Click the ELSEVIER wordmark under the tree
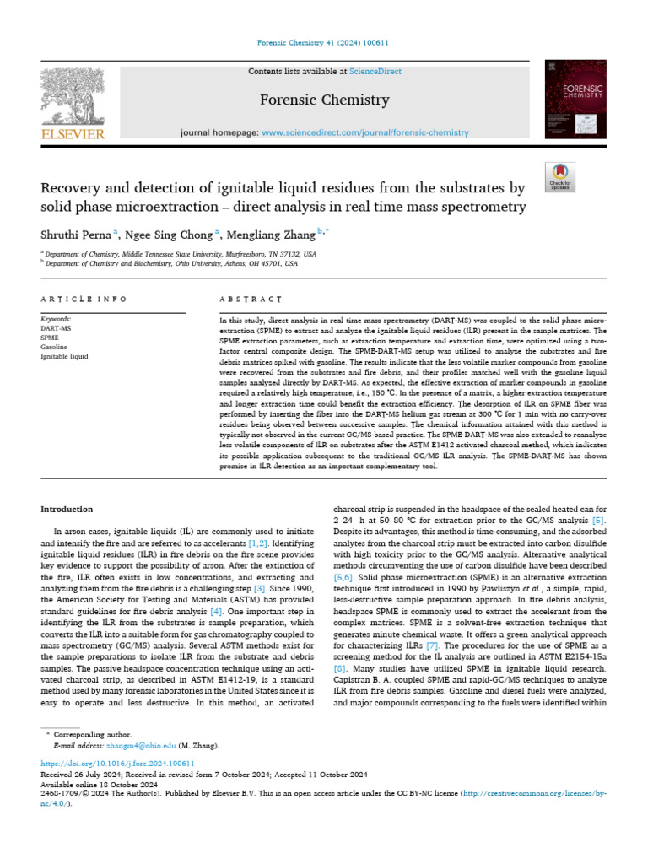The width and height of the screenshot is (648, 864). pos(73,133)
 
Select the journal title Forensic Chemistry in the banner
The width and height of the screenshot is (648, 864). pos(324,100)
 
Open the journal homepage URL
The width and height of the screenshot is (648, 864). pos(364,132)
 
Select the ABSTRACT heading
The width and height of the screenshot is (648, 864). pos(250,299)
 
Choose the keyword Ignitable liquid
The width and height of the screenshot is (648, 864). pos(64,356)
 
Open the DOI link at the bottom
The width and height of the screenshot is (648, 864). pos(111,764)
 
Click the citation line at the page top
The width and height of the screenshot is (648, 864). pos(324,44)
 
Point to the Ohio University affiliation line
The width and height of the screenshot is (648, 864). pos(172,263)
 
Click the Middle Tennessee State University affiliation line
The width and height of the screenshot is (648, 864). pos(181,253)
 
